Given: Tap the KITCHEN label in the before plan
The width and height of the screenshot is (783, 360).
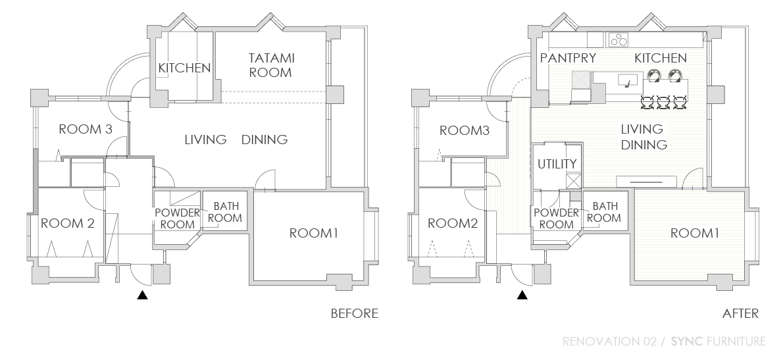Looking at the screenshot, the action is pyautogui.click(x=184, y=68).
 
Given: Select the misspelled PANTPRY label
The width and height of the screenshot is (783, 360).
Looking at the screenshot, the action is pyautogui.click(x=568, y=58).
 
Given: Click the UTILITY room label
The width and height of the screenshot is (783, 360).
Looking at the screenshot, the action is pyautogui.click(x=557, y=164).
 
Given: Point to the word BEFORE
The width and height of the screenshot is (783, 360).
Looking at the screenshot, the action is pyautogui.click(x=355, y=313).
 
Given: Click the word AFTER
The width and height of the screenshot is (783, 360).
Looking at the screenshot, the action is pyautogui.click(x=740, y=313).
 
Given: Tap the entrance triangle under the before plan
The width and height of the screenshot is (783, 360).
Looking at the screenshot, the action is pyautogui.click(x=143, y=295).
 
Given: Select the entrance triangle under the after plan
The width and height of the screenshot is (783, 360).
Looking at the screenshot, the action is pyautogui.click(x=522, y=295).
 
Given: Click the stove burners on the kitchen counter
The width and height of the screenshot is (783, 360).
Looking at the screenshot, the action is pyautogui.click(x=619, y=39).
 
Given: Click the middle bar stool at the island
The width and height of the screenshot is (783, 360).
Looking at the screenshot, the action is pyautogui.click(x=663, y=103).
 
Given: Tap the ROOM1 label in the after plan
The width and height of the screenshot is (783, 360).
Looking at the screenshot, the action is pyautogui.click(x=695, y=233).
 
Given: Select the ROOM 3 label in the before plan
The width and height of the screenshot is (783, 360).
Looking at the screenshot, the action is pyautogui.click(x=86, y=129).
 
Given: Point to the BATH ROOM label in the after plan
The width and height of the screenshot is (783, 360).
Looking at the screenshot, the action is pyautogui.click(x=604, y=212).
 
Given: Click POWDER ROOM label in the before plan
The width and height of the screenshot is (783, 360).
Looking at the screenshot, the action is pyautogui.click(x=177, y=219).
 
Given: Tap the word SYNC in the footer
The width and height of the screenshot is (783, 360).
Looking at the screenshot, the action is pyautogui.click(x=687, y=342).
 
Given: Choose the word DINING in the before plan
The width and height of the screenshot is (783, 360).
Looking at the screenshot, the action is pyautogui.click(x=265, y=140).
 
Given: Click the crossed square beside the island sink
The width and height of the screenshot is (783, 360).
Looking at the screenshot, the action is pyautogui.click(x=581, y=80).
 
